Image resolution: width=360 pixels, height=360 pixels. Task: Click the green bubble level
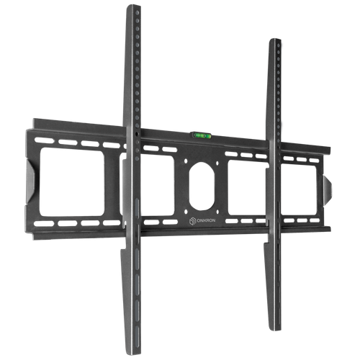201,135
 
